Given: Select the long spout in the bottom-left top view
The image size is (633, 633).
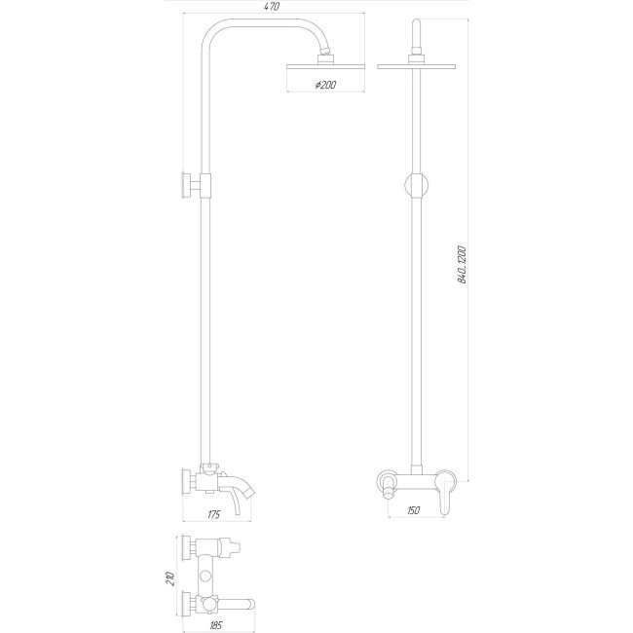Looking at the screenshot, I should (x=239, y=606).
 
